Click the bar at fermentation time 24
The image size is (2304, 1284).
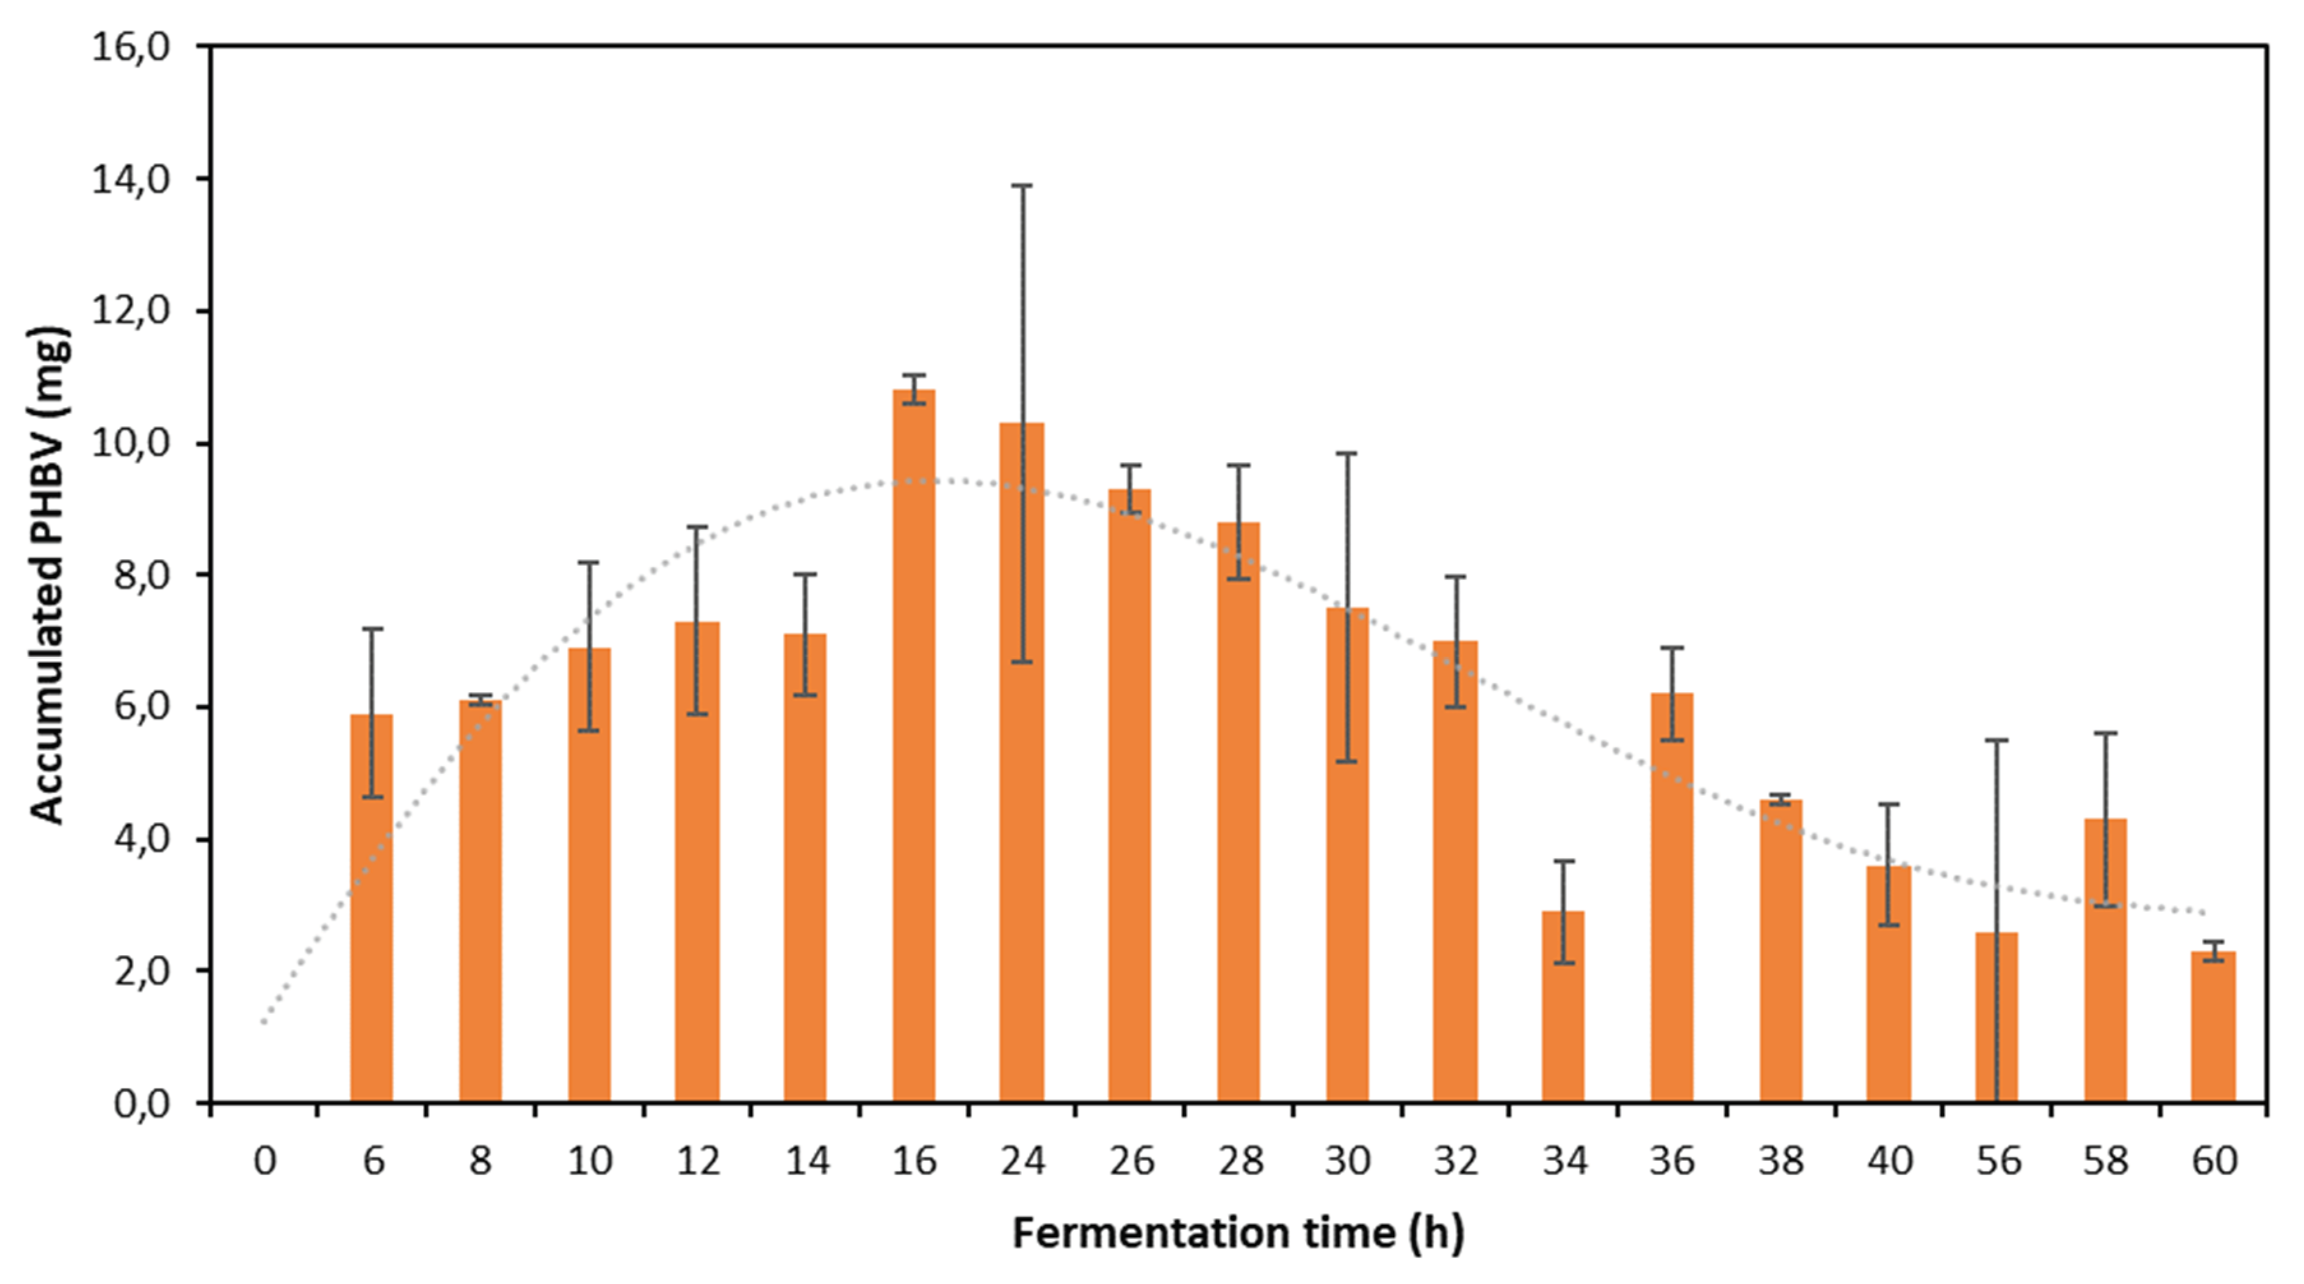coord(1022,760)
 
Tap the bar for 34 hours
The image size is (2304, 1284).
coord(1563,1007)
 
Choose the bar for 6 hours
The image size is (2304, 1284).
coord(371,907)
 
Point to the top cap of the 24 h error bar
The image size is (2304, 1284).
coord(1022,185)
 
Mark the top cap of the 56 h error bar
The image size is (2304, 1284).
coord(1996,740)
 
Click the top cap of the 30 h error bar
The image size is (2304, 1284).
coord(1346,454)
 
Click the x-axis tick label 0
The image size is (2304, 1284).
coord(265,1161)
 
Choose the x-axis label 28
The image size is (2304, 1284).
coord(1240,1161)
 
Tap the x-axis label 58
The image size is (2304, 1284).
coord(2106,1161)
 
